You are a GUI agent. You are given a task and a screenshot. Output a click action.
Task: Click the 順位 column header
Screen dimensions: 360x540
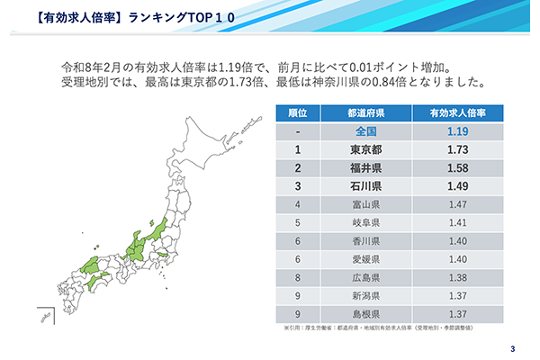point(297,113)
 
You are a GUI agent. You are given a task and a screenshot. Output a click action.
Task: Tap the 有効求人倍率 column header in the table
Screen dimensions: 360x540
point(458,113)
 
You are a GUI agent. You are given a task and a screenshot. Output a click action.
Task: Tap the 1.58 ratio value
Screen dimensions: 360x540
point(458,168)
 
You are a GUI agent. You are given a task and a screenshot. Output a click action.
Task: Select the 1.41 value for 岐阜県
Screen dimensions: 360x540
point(458,223)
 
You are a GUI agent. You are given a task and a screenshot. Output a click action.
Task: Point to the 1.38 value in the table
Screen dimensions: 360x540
point(458,277)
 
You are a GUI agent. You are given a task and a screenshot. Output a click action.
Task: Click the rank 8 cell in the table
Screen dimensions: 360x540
point(297,277)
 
